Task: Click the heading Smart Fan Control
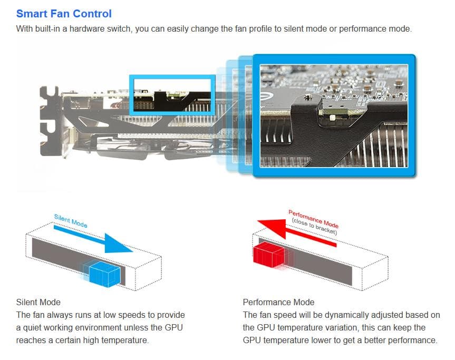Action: click(x=64, y=14)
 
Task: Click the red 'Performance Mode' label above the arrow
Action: click(x=313, y=218)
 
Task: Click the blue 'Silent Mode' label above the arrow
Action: click(x=71, y=221)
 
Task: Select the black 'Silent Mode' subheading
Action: click(x=38, y=302)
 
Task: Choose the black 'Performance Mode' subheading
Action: click(x=278, y=302)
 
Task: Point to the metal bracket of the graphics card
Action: click(x=50, y=121)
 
